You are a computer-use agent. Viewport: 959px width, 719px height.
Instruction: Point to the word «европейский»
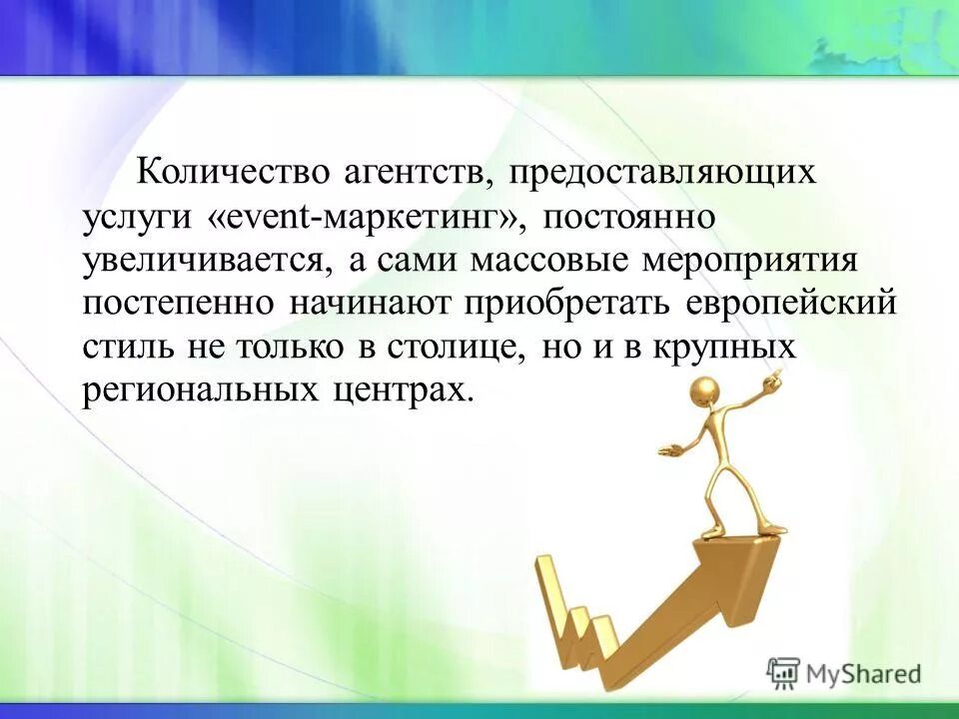(793, 306)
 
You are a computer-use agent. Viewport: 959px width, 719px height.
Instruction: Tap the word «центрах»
(401, 392)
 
